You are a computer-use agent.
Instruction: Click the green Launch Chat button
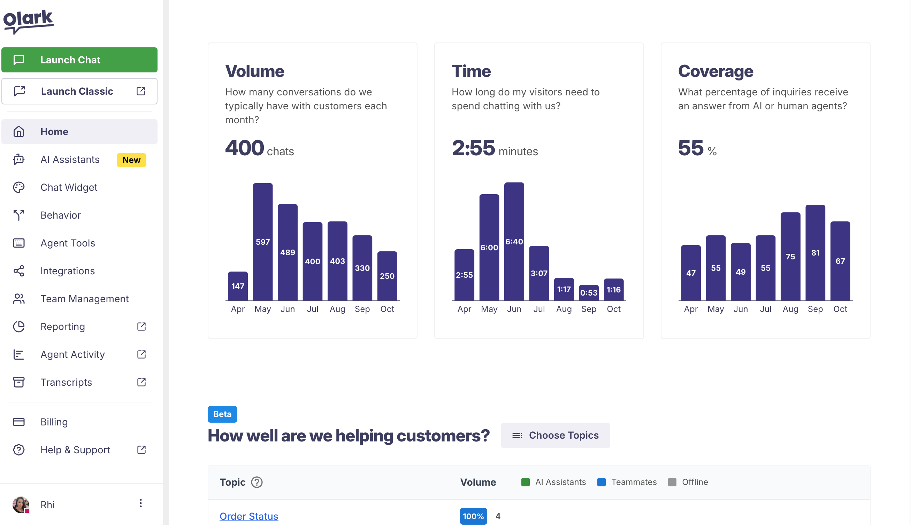click(x=79, y=60)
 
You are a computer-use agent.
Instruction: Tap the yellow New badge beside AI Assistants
click(x=131, y=160)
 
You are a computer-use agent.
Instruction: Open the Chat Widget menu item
click(x=69, y=188)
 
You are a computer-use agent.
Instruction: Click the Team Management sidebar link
click(x=84, y=299)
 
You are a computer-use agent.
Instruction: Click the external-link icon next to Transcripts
click(x=141, y=382)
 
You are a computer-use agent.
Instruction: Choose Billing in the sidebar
click(x=54, y=422)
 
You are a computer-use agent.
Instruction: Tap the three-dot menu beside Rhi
click(x=141, y=503)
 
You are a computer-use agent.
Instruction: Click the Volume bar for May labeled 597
click(x=262, y=242)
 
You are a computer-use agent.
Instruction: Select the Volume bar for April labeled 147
click(x=237, y=286)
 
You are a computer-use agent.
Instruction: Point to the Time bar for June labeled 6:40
click(x=514, y=241)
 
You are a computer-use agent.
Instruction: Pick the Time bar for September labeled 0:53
click(x=588, y=292)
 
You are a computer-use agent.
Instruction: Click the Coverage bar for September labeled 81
click(x=815, y=252)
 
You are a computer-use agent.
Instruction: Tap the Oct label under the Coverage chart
click(x=840, y=309)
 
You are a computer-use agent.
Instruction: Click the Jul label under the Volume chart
click(x=312, y=309)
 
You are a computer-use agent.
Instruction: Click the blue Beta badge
click(x=222, y=414)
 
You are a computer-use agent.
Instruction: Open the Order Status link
click(x=249, y=516)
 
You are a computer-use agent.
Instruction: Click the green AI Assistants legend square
click(x=525, y=482)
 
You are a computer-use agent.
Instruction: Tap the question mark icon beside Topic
click(x=257, y=482)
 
